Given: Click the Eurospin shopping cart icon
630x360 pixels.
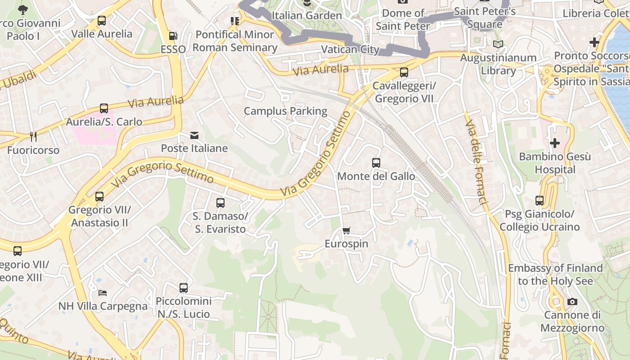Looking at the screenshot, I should (346, 231).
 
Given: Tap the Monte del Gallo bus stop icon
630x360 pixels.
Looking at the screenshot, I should (376, 163).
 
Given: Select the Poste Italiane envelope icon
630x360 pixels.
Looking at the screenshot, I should (194, 135).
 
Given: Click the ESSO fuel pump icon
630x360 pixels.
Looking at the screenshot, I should (173, 36).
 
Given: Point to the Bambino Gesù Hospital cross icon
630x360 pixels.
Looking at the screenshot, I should (555, 144).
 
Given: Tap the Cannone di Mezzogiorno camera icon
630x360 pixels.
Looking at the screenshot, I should (572, 301).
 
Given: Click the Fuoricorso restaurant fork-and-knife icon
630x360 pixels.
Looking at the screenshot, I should (33, 136).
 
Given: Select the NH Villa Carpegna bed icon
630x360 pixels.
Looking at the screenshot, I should (103, 293).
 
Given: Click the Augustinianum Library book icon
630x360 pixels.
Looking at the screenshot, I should (497, 44).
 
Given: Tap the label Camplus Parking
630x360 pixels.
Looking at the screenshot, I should (285, 111).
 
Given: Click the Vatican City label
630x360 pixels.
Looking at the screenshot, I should (351, 49).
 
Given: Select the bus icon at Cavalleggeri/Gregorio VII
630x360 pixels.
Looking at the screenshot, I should (404, 72).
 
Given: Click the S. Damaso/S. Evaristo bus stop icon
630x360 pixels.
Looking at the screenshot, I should (220, 203).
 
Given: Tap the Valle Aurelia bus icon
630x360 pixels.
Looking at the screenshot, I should (102, 21).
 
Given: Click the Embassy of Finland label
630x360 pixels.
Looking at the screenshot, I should (555, 274).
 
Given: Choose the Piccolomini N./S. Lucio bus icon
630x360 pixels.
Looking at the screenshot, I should (183, 288).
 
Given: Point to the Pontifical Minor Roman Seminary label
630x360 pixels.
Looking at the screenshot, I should (234, 41).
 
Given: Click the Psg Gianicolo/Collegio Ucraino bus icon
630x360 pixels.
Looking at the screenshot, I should (540, 201).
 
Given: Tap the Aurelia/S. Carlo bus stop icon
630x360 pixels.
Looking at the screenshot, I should (104, 108).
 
